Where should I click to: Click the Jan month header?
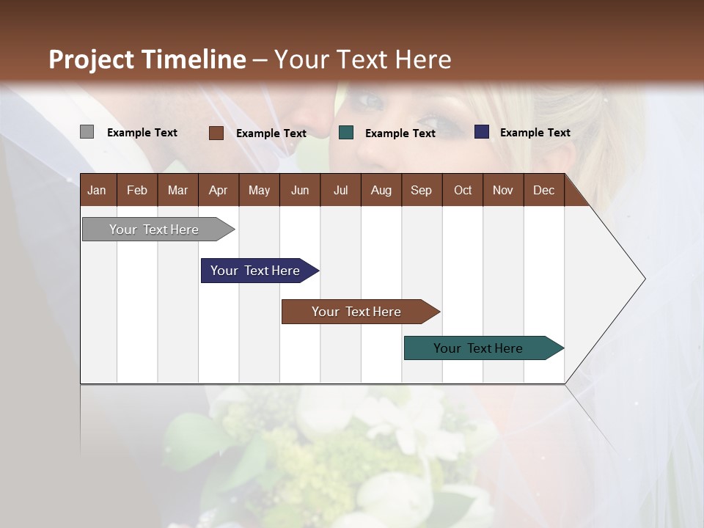click(97, 190)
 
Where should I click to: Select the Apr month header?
click(218, 190)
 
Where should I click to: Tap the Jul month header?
click(340, 190)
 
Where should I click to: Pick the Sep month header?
click(421, 190)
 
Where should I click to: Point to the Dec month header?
click(543, 190)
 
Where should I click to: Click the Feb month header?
click(137, 190)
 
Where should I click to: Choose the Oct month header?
click(463, 190)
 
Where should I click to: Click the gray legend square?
click(87, 132)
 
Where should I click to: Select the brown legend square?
click(216, 133)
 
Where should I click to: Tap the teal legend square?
click(346, 133)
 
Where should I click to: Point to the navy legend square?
click(481, 132)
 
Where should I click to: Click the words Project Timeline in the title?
click(147, 59)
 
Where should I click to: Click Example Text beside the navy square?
click(535, 133)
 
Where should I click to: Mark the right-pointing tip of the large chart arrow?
click(643, 279)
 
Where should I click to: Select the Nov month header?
click(503, 190)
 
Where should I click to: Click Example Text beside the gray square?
click(142, 133)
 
